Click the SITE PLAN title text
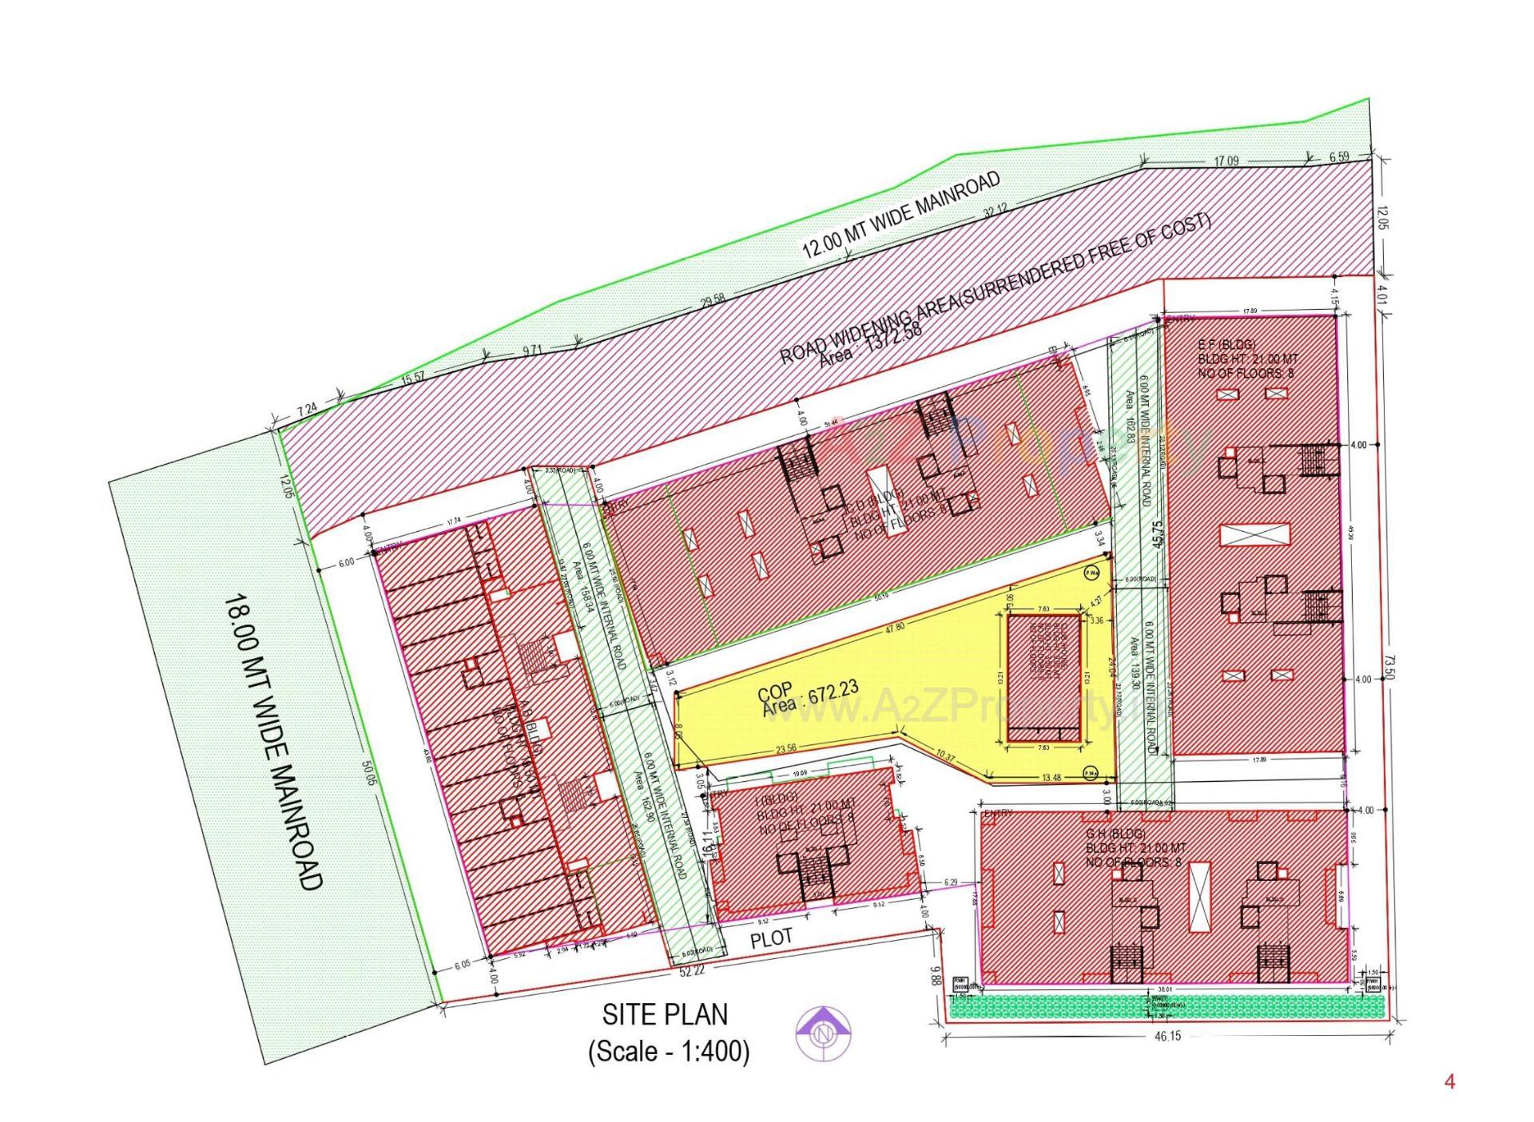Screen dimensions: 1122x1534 coord(665,1014)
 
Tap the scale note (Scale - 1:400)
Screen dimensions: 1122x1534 coord(669,1052)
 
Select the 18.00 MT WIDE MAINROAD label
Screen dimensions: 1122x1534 coord(272,740)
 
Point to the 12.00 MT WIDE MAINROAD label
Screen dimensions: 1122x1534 coord(900,214)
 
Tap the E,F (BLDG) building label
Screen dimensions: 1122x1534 coord(1226,345)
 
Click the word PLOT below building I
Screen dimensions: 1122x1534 coord(771,938)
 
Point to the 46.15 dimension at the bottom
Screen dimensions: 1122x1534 coord(1167,1037)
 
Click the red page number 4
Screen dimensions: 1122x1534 coord(1449,1082)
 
